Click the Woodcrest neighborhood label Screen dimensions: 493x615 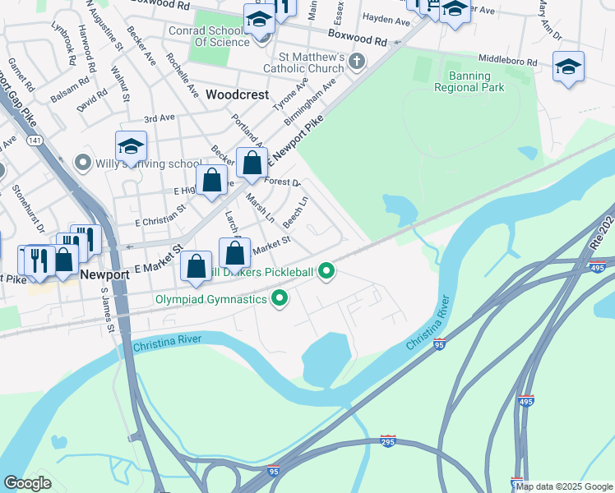[237, 94]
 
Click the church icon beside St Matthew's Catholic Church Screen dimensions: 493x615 [356, 61]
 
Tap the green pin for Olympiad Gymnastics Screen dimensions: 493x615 [280, 299]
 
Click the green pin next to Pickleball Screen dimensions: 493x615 [326, 271]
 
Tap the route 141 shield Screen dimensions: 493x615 [35, 141]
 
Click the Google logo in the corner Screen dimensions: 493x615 [28, 482]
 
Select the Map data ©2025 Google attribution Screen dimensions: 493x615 [564, 486]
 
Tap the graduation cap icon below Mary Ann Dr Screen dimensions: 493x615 [568, 67]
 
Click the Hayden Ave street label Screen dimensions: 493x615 [386, 17]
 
